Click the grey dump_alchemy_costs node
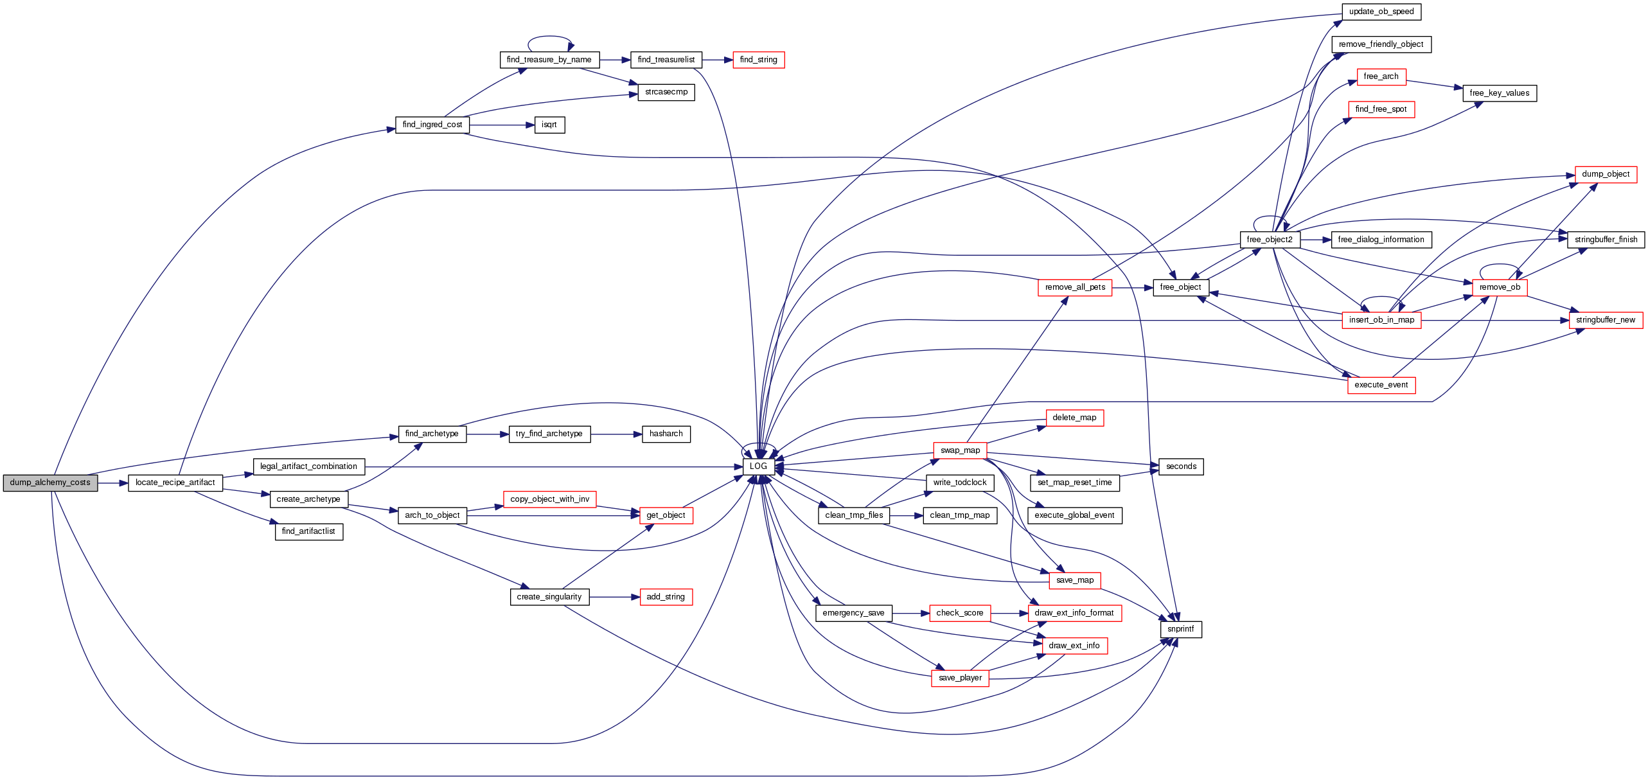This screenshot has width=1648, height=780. click(50, 483)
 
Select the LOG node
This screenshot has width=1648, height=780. click(758, 466)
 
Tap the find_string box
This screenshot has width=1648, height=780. click(758, 60)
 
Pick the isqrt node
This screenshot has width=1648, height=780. click(549, 125)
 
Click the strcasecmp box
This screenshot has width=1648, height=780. click(666, 93)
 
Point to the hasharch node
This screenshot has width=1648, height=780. click(666, 434)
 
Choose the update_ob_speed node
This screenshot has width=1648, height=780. click(1381, 12)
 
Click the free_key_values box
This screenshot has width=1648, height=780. click(1499, 94)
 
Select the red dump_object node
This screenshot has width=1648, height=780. click(1605, 175)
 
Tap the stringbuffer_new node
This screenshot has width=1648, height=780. click(1605, 321)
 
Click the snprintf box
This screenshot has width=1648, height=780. click(1180, 630)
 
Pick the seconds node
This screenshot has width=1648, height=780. click(1181, 467)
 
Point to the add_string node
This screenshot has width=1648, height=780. click(666, 598)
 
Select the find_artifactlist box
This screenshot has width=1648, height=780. click(308, 532)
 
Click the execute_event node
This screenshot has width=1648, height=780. click(1381, 386)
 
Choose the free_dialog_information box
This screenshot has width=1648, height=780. click(1381, 240)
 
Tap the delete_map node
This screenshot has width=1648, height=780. click(1074, 418)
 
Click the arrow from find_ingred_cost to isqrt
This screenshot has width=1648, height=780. click(502, 125)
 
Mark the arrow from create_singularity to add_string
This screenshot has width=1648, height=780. click(614, 598)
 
